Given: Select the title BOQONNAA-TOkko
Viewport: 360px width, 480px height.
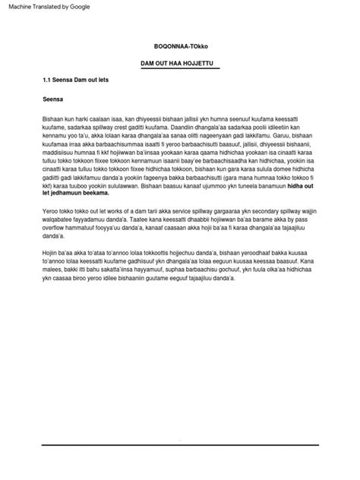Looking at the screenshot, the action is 180,46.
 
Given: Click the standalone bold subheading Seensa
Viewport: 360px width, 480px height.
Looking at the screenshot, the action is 52,99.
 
